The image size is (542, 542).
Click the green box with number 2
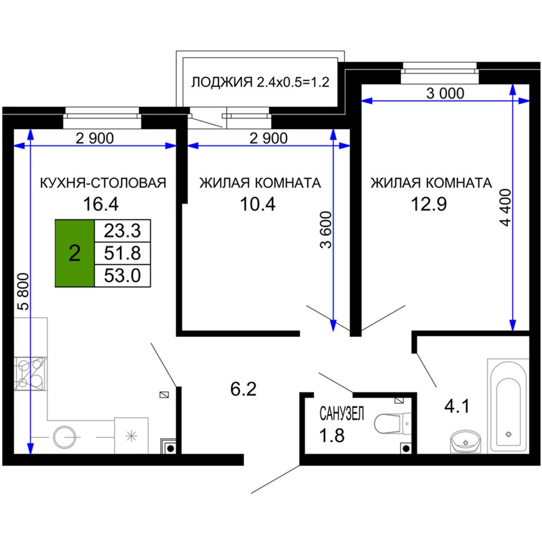coord(75,253)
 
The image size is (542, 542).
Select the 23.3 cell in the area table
coord(122,230)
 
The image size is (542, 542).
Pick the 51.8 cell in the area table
coord(122,253)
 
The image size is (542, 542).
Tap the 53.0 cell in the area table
coord(122,276)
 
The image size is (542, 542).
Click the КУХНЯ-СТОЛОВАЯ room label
coord(103,183)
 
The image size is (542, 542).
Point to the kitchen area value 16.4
coord(100,204)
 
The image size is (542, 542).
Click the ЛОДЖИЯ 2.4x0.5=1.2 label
coord(260,82)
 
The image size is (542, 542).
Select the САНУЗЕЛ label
coord(342,414)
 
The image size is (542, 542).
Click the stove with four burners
coord(30,374)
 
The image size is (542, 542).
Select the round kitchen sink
coord(64,437)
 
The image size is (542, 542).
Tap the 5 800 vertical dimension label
coord(23,291)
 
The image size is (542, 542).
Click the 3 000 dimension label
coord(445,94)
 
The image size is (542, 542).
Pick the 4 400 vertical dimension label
coord(505,208)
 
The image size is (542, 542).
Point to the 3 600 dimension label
coord(326,230)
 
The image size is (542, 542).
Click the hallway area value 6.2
coord(244,389)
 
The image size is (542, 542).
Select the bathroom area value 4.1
coord(457,406)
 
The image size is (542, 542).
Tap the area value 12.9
coord(428,204)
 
